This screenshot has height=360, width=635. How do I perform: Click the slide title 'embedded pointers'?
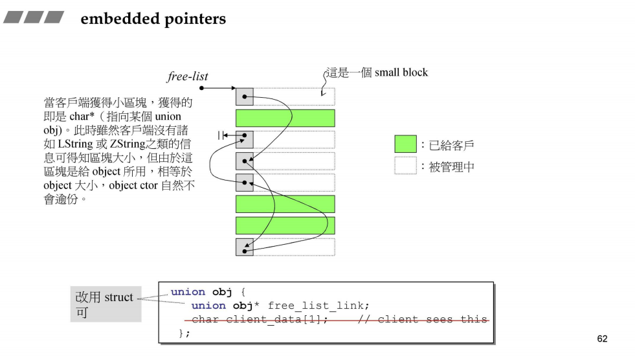(153, 19)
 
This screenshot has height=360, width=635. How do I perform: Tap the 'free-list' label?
(188, 76)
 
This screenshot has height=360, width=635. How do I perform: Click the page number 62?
(602, 339)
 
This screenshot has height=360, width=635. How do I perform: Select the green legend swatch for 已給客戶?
(405, 144)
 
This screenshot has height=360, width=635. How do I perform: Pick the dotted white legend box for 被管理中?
(405, 166)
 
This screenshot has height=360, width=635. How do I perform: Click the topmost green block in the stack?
(285, 118)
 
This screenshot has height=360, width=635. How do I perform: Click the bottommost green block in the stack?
(285, 225)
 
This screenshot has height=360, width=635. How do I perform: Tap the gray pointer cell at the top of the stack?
(244, 96)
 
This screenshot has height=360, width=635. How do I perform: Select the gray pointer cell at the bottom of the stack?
(244, 247)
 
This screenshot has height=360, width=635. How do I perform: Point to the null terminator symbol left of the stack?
(222, 135)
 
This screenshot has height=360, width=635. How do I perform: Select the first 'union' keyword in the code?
(188, 292)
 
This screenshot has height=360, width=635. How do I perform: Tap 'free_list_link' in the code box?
(318, 306)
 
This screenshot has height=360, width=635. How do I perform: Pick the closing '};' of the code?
(184, 333)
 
